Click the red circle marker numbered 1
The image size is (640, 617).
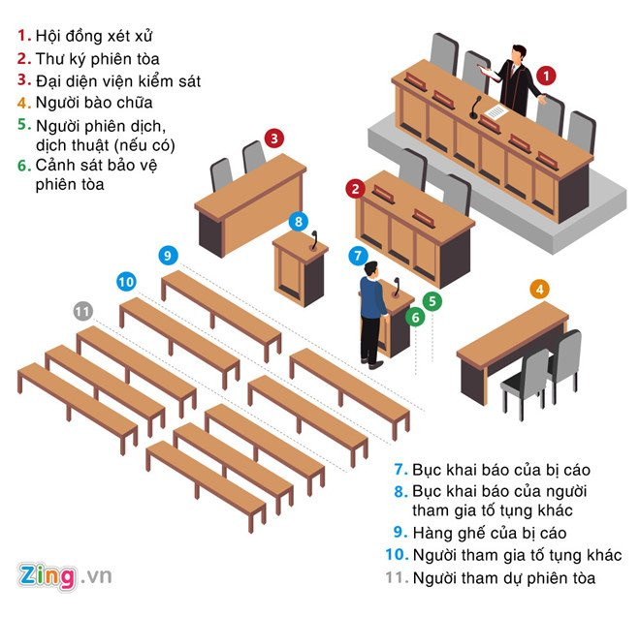click(547, 74)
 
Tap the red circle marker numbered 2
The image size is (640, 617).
click(357, 188)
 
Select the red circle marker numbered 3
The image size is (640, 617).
click(275, 139)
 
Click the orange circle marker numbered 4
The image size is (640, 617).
click(540, 288)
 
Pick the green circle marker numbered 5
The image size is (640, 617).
click(432, 300)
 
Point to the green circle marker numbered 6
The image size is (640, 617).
click(414, 317)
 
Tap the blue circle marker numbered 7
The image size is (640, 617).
click(359, 257)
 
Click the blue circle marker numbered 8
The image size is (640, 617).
click(299, 221)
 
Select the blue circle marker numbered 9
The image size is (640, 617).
click(168, 256)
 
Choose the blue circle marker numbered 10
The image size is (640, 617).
click(126, 282)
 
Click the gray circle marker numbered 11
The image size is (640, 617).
click(83, 311)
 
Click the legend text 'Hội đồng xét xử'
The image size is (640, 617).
click(95, 36)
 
